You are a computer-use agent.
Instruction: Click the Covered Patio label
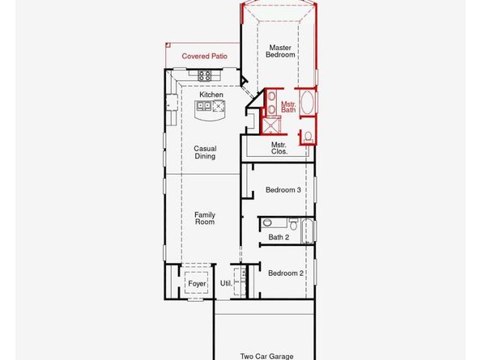pos(204,56)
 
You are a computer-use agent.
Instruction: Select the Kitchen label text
pos(211,95)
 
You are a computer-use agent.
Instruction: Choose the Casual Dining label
pos(205,152)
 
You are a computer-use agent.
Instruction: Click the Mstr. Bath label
pos(288,108)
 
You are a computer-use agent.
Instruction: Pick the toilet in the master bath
pos(308,135)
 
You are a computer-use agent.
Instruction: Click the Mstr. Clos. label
pos(279,148)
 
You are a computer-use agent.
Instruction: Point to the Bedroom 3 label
pos(283,190)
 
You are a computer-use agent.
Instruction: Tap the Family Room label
pos(205,218)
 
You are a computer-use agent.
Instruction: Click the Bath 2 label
pos(279,238)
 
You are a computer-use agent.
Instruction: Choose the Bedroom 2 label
pos(285,273)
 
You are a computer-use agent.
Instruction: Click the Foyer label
pos(196,284)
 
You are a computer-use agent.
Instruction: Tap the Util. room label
pos(226,284)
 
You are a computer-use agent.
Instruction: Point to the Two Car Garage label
pos(266,355)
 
